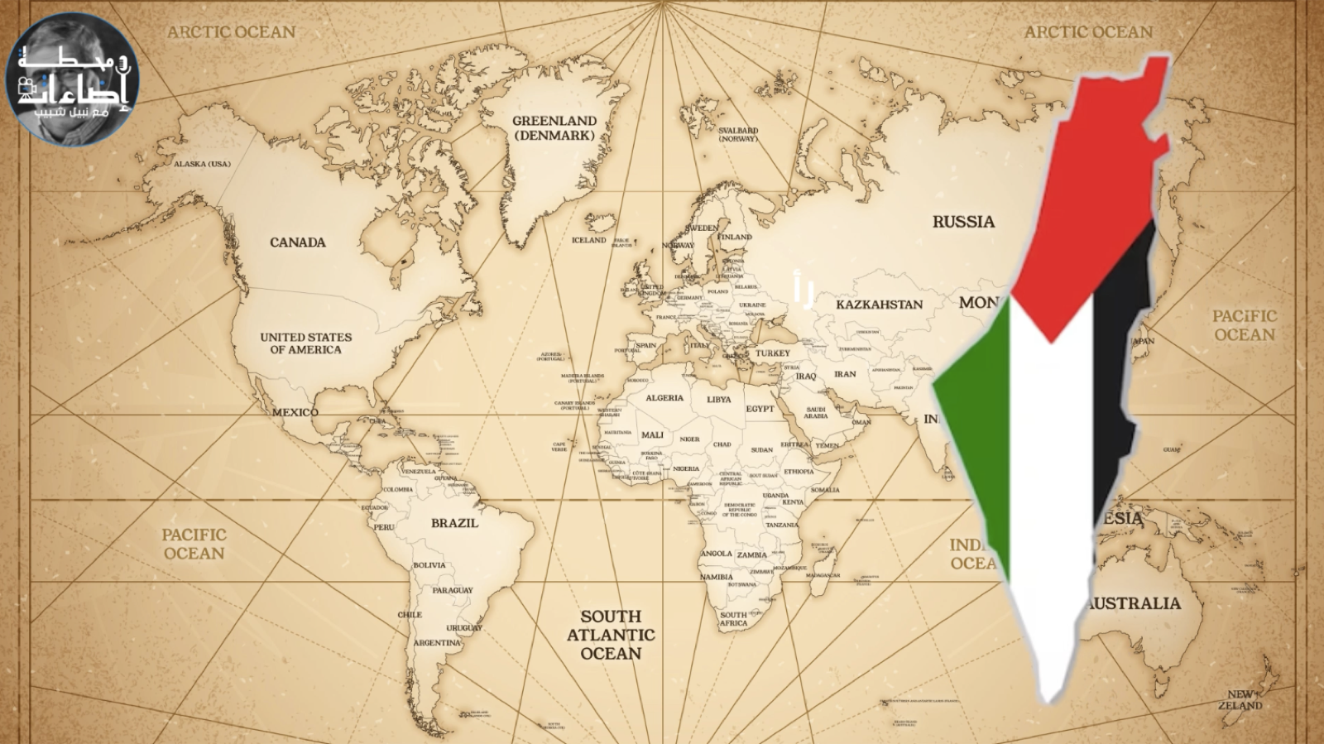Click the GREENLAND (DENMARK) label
(x=554, y=127)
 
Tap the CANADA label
(x=297, y=242)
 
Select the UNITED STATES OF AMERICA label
(x=305, y=343)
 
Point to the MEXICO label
(x=295, y=412)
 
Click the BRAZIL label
(x=454, y=523)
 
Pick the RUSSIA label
(x=963, y=222)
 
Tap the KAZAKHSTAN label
(x=879, y=305)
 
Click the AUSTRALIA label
(x=1135, y=603)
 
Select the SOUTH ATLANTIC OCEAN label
(x=611, y=635)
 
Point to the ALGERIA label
(x=664, y=398)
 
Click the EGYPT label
(x=760, y=409)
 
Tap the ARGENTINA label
(x=436, y=642)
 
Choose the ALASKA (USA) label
(x=202, y=164)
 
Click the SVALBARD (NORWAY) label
(x=738, y=134)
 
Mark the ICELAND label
(x=588, y=240)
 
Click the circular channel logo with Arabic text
(x=73, y=79)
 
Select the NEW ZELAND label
(x=1240, y=700)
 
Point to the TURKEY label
(x=772, y=353)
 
